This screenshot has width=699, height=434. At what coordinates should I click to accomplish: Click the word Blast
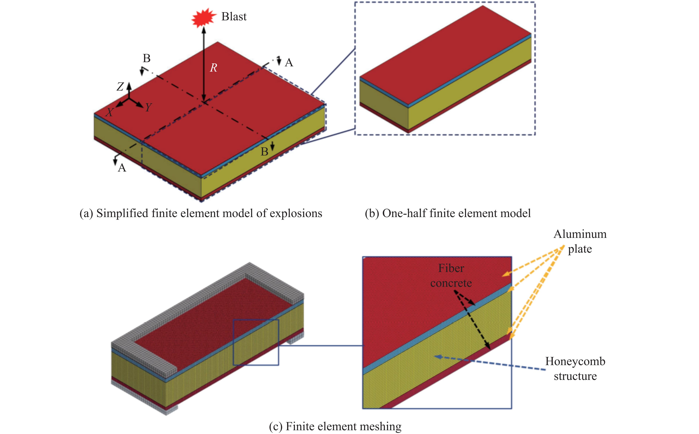pos(234,17)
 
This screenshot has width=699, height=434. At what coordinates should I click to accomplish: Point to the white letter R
pos(213,68)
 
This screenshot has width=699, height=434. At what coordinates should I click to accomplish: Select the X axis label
pos(110,112)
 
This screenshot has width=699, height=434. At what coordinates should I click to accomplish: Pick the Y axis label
pos(148,107)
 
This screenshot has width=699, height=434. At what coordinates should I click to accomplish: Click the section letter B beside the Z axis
pos(146,58)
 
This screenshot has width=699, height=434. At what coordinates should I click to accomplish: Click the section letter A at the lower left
pos(122,168)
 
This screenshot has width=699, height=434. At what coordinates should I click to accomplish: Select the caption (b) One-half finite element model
pos(448,213)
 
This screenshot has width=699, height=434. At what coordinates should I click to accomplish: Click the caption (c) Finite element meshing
pos(335,426)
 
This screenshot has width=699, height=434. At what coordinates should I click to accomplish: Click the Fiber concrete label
pos(451,275)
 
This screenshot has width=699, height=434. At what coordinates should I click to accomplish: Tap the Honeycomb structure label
pos(575,369)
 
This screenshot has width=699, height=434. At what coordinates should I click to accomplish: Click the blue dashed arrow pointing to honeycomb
pos(488,363)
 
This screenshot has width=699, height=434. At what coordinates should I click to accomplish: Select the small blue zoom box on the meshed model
pos(256,342)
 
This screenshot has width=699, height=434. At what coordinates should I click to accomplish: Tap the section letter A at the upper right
pos(289,63)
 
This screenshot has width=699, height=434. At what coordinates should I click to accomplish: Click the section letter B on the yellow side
pos(264,152)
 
